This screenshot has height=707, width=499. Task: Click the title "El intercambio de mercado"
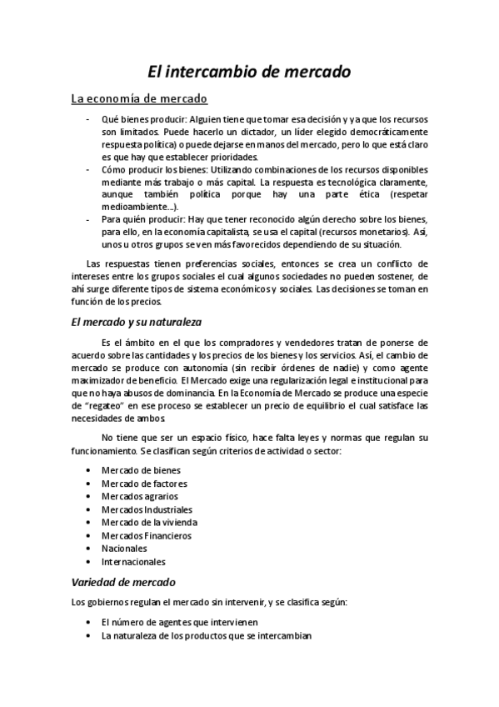[x=249, y=73]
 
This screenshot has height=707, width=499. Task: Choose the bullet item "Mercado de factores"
[x=144, y=484]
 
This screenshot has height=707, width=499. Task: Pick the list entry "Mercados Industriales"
[x=147, y=509]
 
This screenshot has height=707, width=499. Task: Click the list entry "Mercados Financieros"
[x=146, y=535]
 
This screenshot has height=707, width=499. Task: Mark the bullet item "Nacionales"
[x=124, y=549]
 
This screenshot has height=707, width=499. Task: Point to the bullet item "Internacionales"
[x=133, y=562]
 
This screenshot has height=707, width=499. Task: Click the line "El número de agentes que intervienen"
[x=179, y=622]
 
